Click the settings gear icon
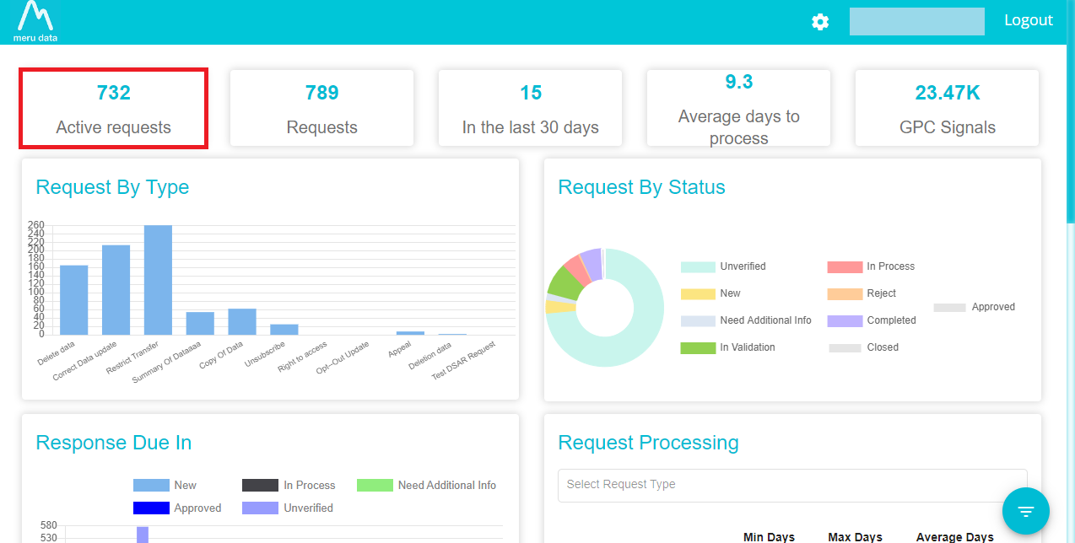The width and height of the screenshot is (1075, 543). click(820, 22)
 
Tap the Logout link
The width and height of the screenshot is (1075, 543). click(1029, 20)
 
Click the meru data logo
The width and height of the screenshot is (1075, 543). click(35, 22)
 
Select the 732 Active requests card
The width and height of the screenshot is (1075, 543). click(113, 109)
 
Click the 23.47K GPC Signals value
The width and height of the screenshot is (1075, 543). click(948, 93)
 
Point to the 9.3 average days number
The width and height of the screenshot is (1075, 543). click(738, 82)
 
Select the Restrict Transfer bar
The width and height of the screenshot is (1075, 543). click(158, 280)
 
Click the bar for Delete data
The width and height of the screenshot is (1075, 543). click(74, 300)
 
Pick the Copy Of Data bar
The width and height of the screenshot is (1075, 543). click(242, 321)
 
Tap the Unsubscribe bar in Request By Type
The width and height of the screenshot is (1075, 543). click(284, 330)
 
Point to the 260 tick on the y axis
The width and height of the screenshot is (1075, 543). click(36, 225)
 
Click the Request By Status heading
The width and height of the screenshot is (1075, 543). click(641, 187)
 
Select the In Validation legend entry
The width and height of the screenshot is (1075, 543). click(727, 347)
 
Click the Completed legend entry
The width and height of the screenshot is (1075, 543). click(872, 320)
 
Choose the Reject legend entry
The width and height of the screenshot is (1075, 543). click(862, 293)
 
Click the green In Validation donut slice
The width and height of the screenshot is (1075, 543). click(565, 282)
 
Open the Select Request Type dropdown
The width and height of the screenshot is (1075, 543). click(792, 485)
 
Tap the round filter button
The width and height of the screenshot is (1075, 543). click(1025, 511)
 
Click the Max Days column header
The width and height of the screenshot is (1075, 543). click(855, 537)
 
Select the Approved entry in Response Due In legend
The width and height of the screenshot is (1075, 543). click(177, 508)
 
